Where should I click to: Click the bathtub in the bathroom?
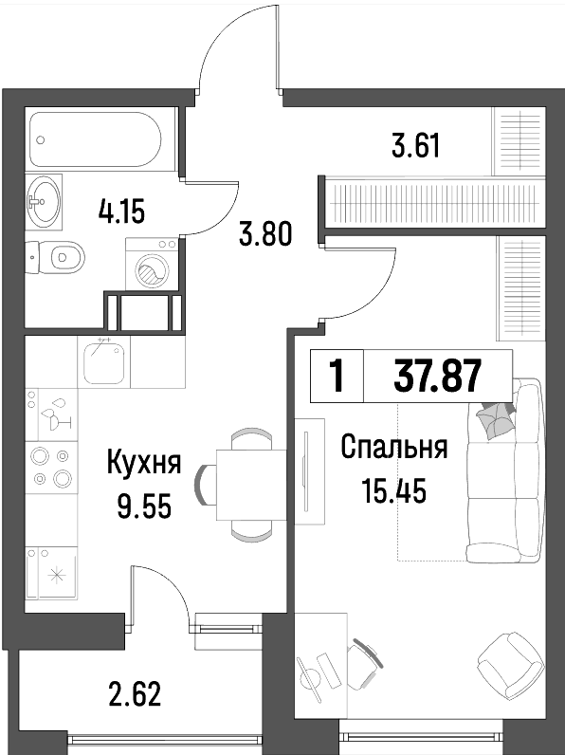95,139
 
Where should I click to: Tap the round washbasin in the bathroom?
44,200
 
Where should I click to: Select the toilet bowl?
61,257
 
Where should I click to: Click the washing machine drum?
151,272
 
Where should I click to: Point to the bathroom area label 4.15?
121,212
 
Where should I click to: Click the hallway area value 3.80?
266,234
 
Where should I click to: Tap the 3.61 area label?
416,146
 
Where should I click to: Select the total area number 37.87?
437,376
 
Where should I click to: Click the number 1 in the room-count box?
337,376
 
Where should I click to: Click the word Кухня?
144,461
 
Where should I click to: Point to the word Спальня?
394,448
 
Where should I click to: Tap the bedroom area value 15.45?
394,491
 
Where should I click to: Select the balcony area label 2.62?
136,693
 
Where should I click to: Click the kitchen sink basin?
103,361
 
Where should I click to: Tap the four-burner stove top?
51,467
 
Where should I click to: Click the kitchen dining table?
251,485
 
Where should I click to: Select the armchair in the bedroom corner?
511,665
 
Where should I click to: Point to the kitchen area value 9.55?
144,506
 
